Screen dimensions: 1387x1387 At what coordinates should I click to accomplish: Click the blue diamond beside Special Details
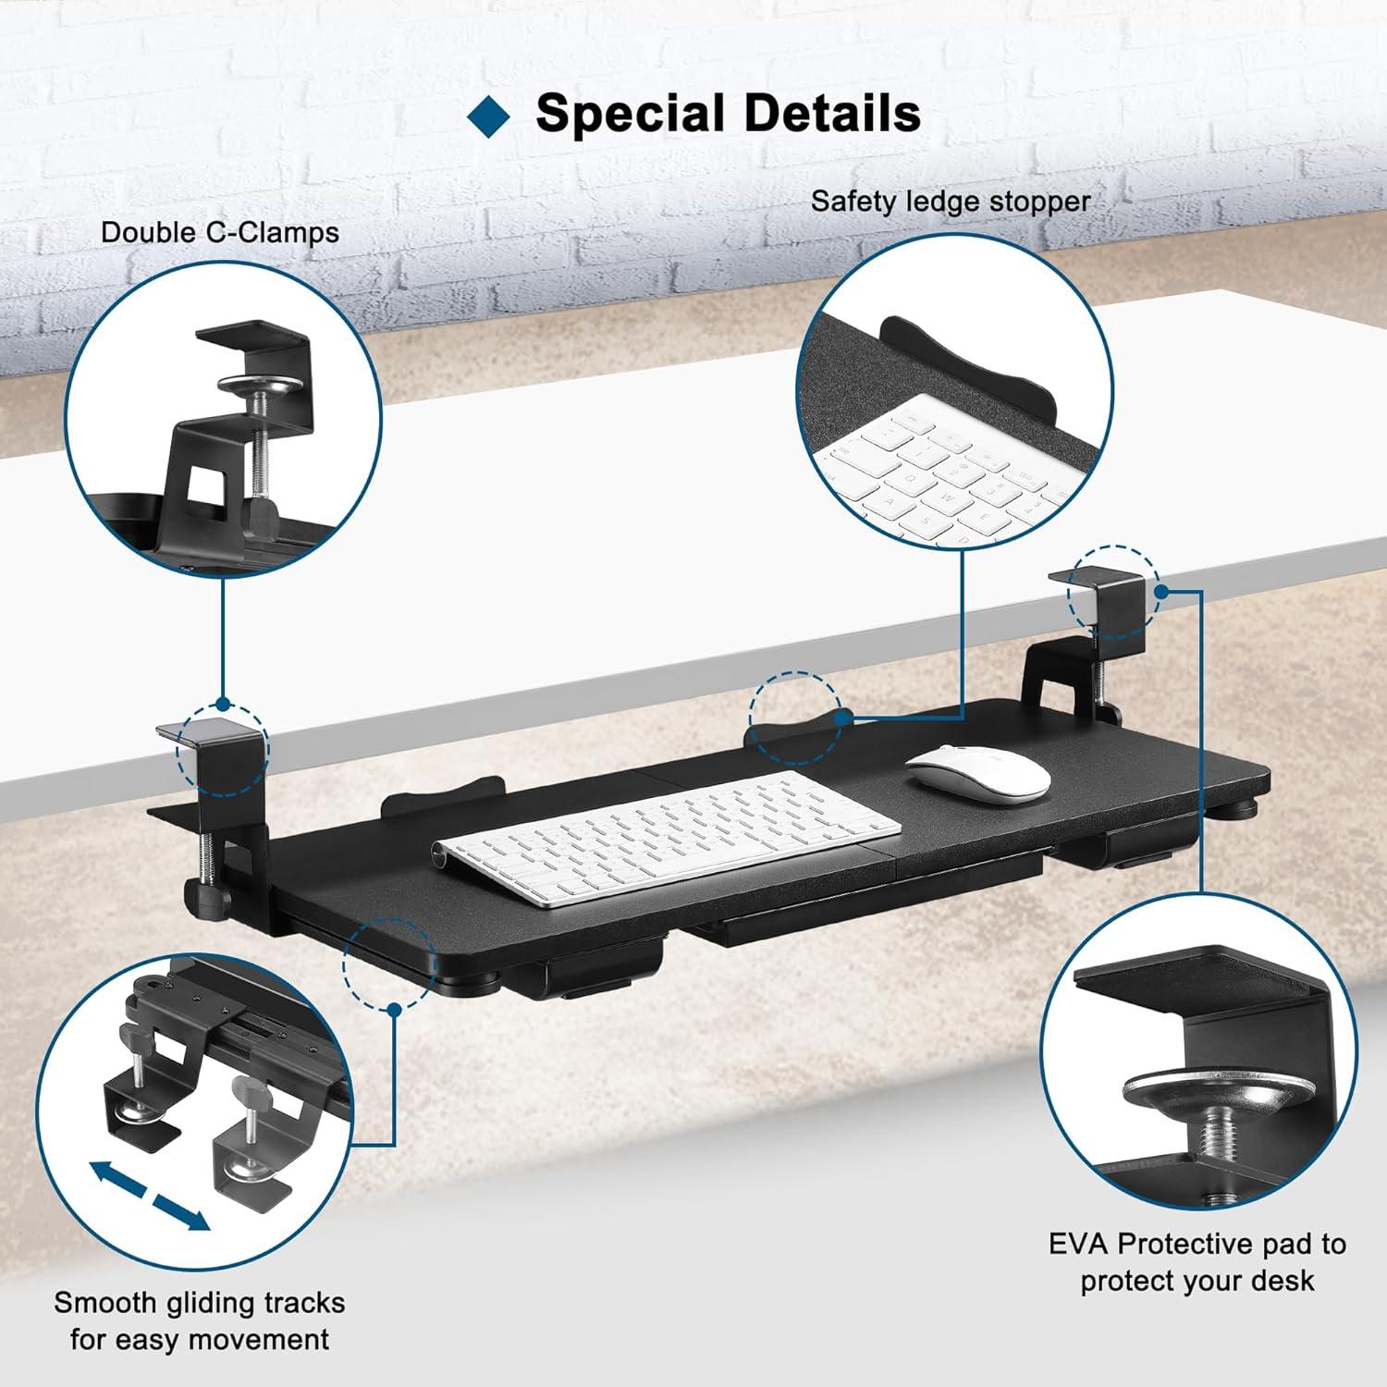489,115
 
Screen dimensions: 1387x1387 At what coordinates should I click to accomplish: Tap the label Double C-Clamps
220,232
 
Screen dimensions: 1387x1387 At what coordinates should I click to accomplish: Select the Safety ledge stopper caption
951,201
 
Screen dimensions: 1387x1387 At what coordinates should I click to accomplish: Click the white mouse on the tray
978,770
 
